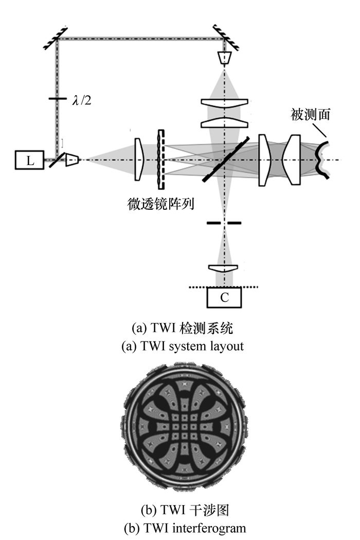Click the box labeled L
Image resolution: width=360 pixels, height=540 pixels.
30,161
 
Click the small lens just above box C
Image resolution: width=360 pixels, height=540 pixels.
224,269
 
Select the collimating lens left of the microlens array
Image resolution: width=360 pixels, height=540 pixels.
138,159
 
